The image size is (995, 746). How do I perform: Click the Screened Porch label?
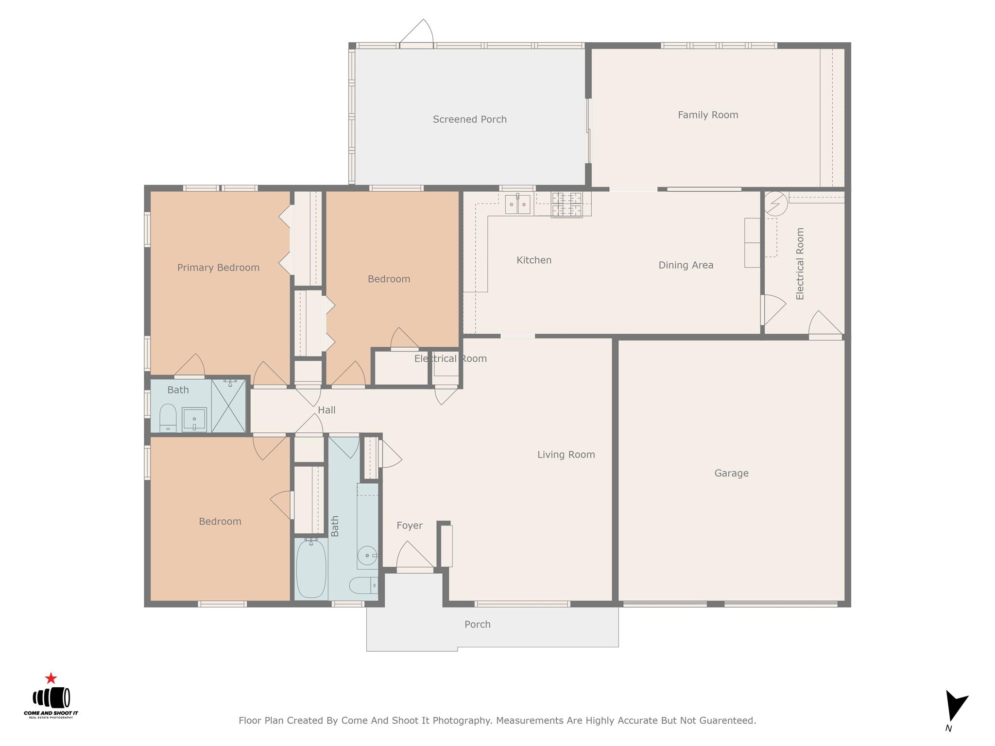click(x=469, y=119)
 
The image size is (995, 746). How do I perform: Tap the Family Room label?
click(x=707, y=115)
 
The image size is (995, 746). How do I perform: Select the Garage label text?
click(x=731, y=473)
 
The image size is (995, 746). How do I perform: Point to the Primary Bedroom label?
click(x=218, y=268)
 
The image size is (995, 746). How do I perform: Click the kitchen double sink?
click(x=517, y=204)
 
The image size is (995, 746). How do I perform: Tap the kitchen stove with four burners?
click(x=566, y=204)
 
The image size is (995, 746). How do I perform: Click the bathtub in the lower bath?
click(x=311, y=569)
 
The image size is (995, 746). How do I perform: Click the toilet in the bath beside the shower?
click(x=168, y=418)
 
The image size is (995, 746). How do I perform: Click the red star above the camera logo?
click(x=51, y=678)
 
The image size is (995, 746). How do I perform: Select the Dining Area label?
click(x=686, y=265)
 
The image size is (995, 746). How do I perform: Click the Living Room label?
click(x=566, y=455)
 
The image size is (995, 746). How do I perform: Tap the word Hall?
click(x=326, y=410)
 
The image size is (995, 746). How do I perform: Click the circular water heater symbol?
click(x=776, y=204)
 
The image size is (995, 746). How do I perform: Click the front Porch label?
click(x=477, y=625)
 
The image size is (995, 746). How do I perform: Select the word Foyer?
click(x=409, y=526)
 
